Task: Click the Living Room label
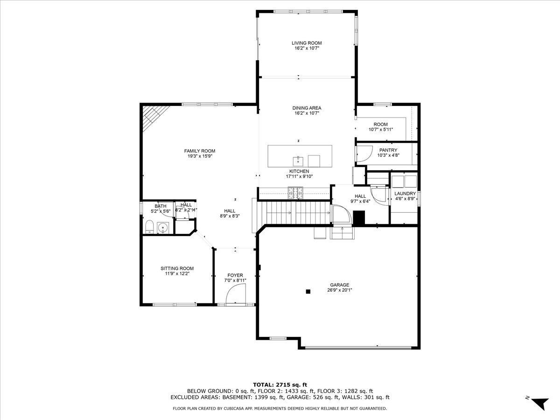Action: point(307,43)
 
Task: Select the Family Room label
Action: point(199,151)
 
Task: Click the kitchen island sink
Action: point(298,161)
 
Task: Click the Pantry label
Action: point(388,150)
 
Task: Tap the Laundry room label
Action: point(405,193)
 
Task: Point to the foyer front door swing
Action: point(236,295)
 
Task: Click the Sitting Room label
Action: point(177,268)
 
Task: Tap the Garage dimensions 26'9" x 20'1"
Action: point(339,290)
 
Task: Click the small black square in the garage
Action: point(308,292)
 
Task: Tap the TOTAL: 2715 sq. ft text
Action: point(280,384)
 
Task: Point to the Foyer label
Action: point(235,275)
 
